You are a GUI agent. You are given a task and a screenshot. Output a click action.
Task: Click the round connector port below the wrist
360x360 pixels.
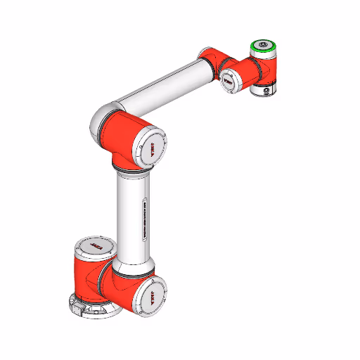pos(264,90)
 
